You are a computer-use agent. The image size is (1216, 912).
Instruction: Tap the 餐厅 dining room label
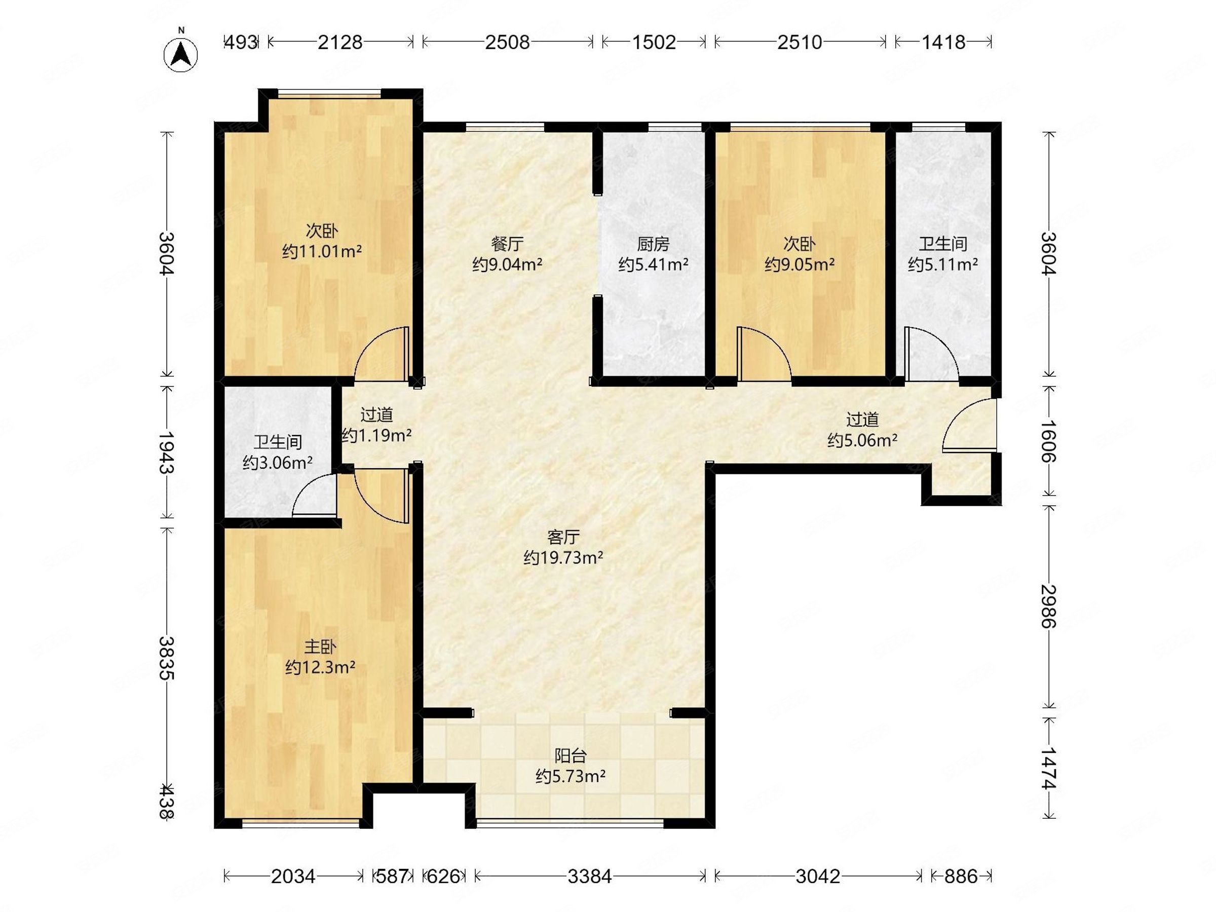coord(507,244)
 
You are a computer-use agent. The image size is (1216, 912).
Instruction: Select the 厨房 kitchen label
coord(653,244)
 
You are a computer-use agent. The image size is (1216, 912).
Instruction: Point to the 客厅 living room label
coord(563,537)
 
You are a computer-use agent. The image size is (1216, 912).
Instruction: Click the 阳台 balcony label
coord(571,756)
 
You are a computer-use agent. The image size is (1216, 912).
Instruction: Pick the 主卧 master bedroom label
coord(320,647)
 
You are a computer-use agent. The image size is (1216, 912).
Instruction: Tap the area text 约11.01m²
coord(322,252)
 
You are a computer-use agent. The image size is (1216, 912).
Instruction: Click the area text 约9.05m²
coord(800,265)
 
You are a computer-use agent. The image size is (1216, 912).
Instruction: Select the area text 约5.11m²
coord(943,265)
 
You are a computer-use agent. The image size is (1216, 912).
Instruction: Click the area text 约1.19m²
coord(376,435)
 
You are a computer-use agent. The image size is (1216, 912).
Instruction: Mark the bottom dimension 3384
coord(590,876)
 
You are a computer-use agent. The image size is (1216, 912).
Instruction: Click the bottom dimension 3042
coord(818,876)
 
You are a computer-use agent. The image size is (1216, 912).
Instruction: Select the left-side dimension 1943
coord(166,452)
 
